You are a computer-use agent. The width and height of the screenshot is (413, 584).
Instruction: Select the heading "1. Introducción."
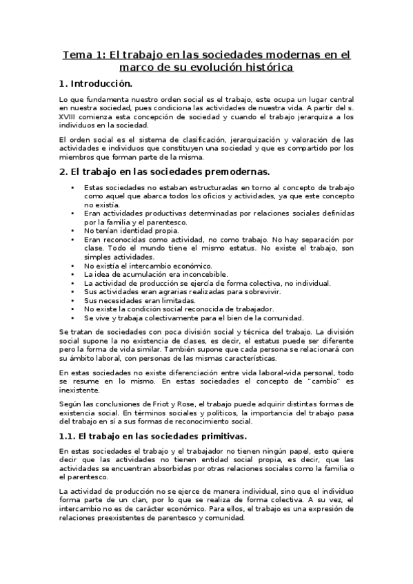pyautogui.click(x=95, y=85)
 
